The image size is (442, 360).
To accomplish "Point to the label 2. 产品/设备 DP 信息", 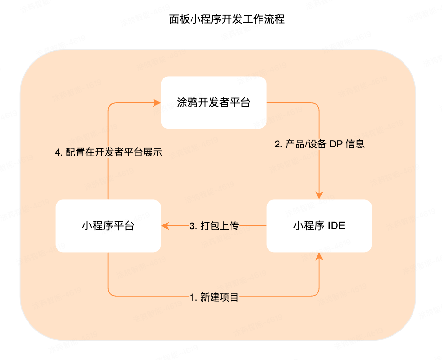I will point(319,144).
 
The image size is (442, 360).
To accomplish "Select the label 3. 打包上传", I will point(214,226).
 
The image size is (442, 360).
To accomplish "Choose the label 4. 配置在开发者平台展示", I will point(109,153).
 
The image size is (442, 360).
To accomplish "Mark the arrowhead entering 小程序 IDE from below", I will point(319,256).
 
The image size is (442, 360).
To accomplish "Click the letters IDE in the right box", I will point(336,226).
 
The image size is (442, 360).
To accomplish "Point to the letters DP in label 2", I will point(336,144).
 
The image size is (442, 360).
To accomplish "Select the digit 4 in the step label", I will point(58,153).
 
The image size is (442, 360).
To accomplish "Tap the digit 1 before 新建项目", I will point(192,298).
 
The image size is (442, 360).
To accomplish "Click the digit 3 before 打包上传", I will point(192,226).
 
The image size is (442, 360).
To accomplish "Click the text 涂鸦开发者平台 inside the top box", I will point(213,103).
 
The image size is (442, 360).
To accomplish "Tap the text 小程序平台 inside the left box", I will point(108,226).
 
